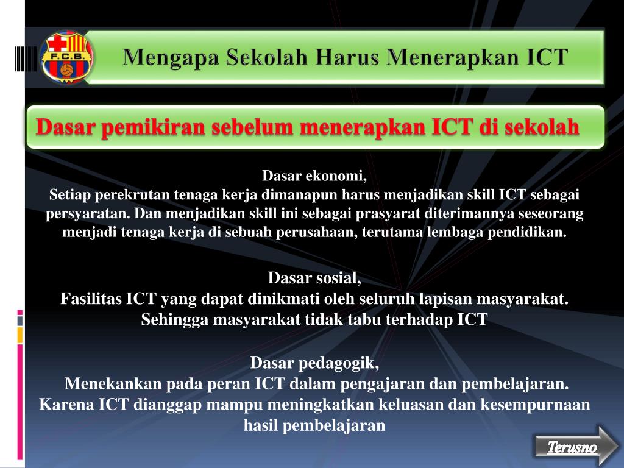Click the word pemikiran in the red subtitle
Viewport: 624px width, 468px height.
pyautogui.click(x=151, y=128)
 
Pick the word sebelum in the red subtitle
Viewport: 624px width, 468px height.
pyautogui.click(x=252, y=128)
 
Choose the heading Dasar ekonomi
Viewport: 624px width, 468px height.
pyautogui.click(x=315, y=177)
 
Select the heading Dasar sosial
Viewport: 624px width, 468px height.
pyautogui.click(x=314, y=278)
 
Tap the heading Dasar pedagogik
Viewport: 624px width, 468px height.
pyautogui.click(x=314, y=364)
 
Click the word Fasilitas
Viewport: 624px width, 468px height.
pyautogui.click(x=91, y=299)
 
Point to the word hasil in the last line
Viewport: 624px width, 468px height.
pyautogui.click(x=260, y=425)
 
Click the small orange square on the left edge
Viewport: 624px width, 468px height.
pyautogui.click(x=19, y=335)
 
